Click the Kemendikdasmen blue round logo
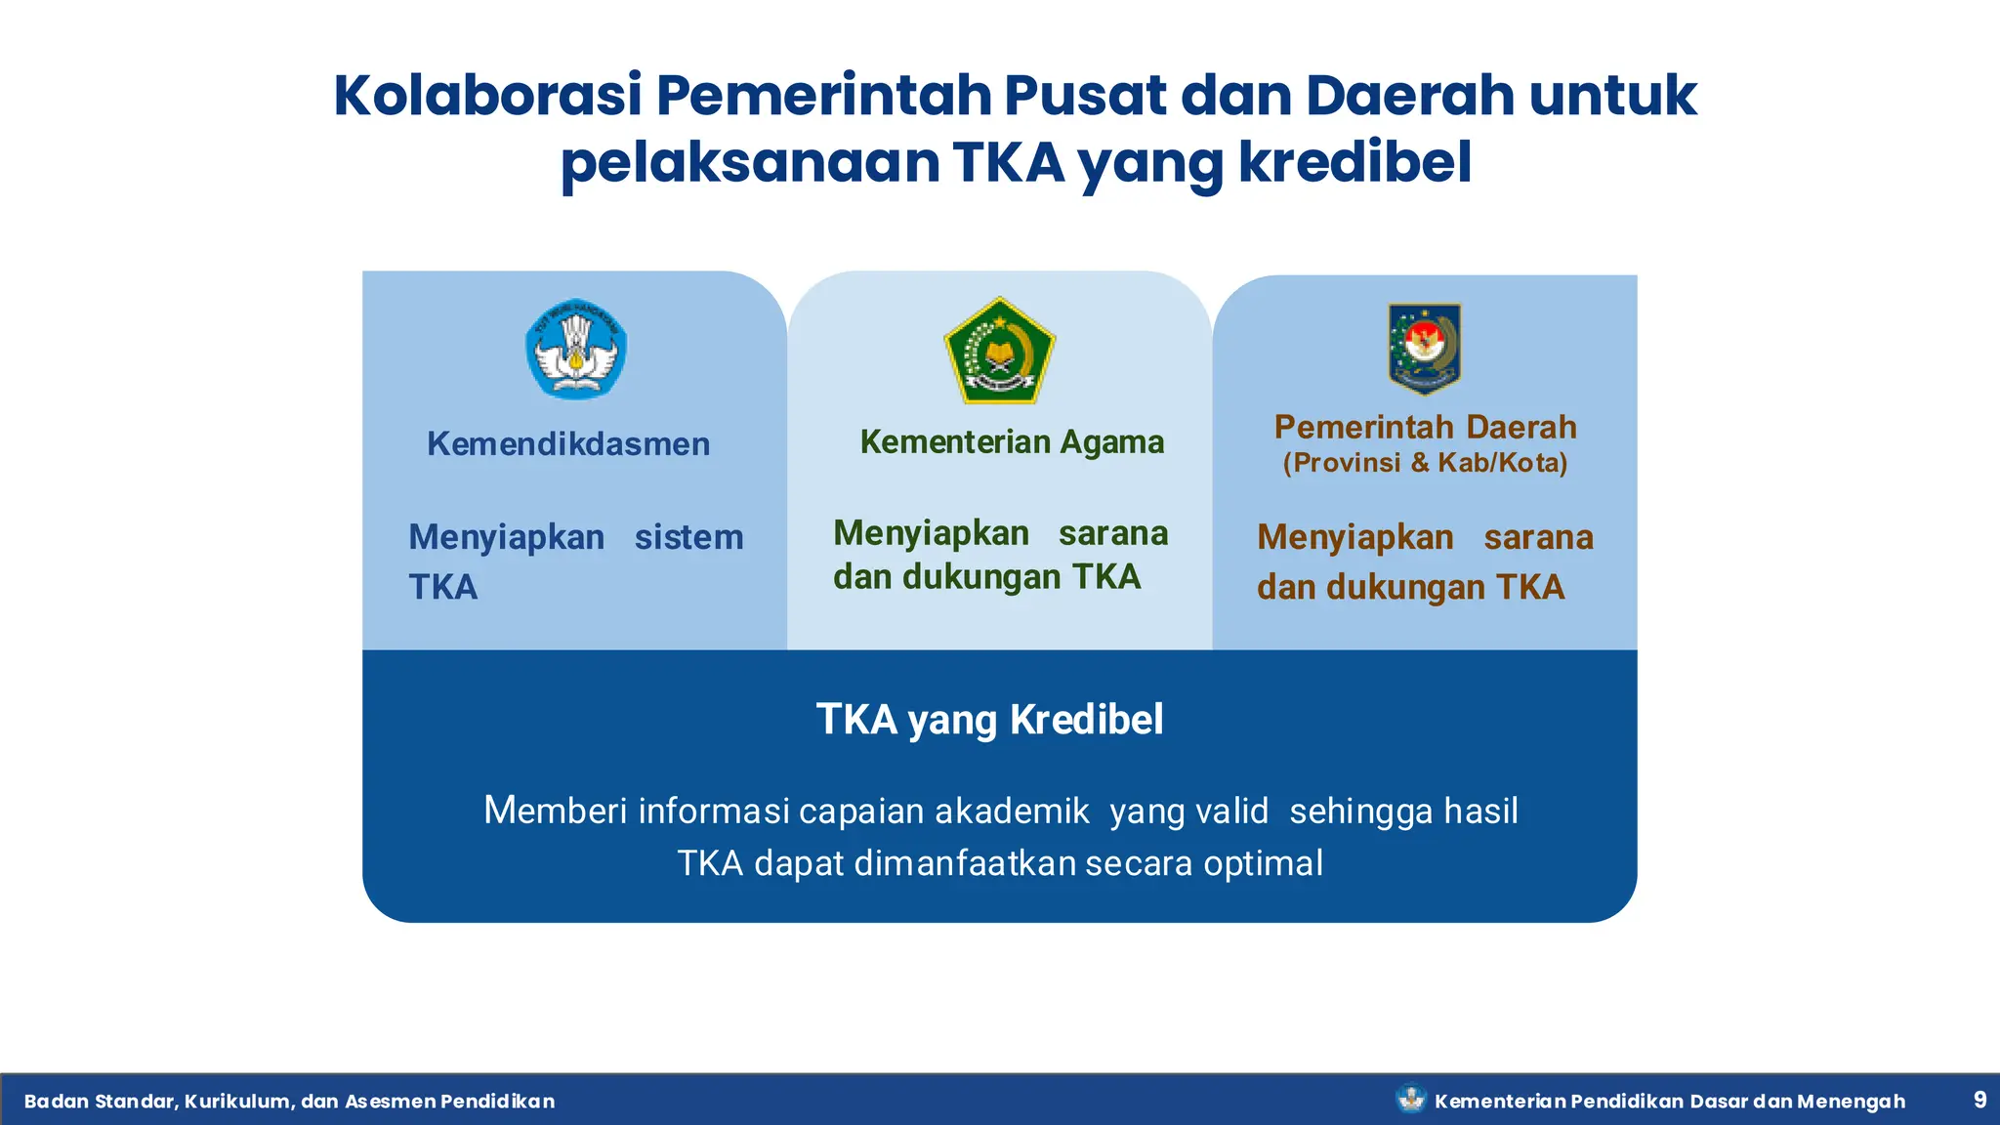pos(576,349)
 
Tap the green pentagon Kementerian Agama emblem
pos(999,353)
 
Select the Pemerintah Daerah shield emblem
pos(1424,348)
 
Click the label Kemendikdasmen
pos(568,444)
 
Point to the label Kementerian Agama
pos(1012,442)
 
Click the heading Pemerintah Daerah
pos(1425,428)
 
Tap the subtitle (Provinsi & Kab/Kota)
pos(1425,463)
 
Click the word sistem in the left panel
pos(688,538)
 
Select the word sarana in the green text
pos(1113,534)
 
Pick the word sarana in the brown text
pos(1538,538)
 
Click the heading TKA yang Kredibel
pos(989,720)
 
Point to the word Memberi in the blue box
pos(555,812)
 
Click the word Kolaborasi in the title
pos(487,96)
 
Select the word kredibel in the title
pos(1354,162)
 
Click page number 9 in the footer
pos(1979,1100)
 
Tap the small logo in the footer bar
pos(1410,1100)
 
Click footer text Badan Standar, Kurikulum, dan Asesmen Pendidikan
pos(289,1102)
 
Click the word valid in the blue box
pos(1236,812)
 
